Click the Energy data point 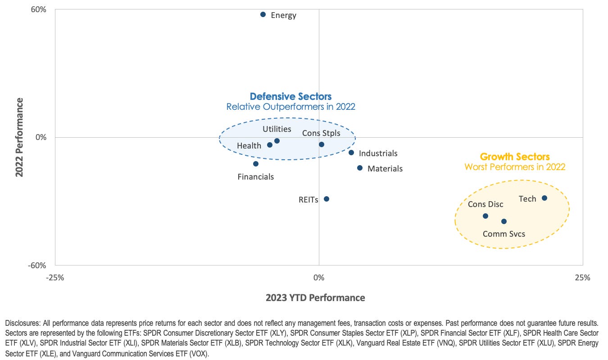(263, 14)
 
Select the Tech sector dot (544, 198)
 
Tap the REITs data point (327, 199)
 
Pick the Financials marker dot (256, 164)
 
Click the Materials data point (360, 168)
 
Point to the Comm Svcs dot (504, 221)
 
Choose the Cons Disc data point (485, 216)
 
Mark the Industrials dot (351, 153)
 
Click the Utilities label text (277, 129)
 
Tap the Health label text (249, 145)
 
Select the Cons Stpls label (321, 133)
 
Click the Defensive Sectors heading (290, 96)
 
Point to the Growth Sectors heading (515, 157)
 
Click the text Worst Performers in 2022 (515, 167)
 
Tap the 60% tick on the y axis (38, 9)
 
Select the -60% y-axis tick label (36, 265)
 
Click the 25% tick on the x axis (582, 278)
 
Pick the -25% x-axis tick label (55, 278)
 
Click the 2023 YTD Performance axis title (315, 297)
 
